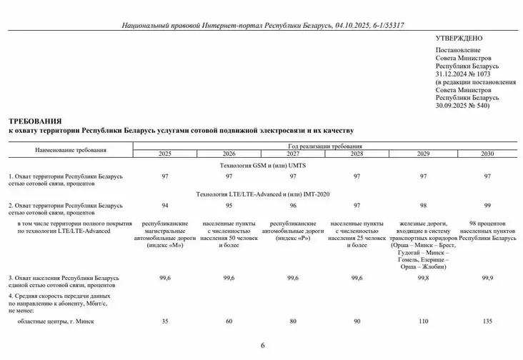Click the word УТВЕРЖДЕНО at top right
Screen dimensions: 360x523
(459, 38)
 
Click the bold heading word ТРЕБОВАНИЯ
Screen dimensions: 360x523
(35, 122)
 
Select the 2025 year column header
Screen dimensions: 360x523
(165, 154)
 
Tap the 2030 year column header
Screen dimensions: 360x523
(487, 154)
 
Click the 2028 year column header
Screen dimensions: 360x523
(357, 154)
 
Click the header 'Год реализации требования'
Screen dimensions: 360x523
(327, 146)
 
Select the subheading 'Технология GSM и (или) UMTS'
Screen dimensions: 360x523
(262, 165)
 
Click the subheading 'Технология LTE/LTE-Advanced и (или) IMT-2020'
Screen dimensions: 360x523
(262, 194)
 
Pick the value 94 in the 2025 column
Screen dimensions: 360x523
(165, 205)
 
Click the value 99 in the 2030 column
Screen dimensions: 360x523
(487, 205)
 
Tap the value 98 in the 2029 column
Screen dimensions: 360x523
(423, 205)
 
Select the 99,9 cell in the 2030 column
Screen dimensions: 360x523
(487, 278)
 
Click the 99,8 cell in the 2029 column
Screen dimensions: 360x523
(423, 278)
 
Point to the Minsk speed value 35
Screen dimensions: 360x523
(165, 321)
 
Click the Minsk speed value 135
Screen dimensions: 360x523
(487, 321)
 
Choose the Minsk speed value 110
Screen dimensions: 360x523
(423, 321)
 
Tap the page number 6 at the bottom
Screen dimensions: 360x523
(262, 346)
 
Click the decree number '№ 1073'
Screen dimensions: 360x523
(479, 74)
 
